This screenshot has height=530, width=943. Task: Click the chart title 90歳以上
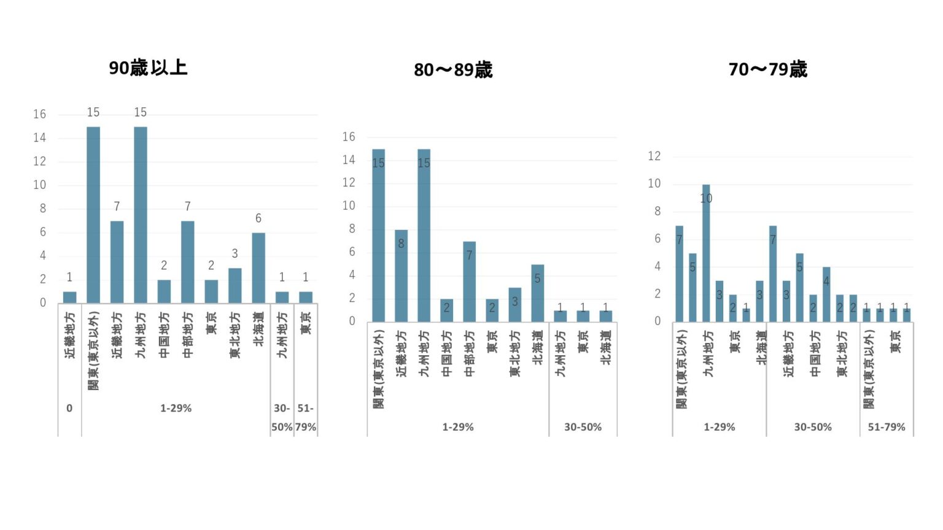pos(148,67)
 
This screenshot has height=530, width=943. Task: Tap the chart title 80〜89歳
pos(453,70)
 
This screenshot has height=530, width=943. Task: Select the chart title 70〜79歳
pos(767,69)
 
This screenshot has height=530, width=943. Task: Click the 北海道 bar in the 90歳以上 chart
pos(258,267)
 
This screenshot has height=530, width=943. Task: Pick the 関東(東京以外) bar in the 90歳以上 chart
pos(93,215)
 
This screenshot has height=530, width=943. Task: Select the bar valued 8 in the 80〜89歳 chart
pos(401,276)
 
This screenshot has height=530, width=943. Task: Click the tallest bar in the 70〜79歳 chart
pos(706,253)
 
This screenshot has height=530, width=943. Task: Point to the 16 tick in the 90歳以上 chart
pos(40,114)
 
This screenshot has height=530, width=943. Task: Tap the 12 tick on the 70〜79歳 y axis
pos(654,156)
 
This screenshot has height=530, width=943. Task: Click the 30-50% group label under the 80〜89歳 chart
pos(583,427)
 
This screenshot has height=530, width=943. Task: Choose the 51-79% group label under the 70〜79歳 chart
pos(887,427)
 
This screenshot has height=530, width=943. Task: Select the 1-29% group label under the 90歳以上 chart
pos(176,408)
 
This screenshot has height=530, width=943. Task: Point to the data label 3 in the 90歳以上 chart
pos(235,253)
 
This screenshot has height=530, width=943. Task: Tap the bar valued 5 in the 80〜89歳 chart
pos(538,293)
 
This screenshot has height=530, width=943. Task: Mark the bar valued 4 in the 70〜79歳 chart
pos(826,294)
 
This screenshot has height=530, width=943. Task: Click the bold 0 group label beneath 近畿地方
pos(69,408)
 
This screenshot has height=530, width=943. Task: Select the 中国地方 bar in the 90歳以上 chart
pos(164,291)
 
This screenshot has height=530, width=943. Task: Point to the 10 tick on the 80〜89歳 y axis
pos(349,205)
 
